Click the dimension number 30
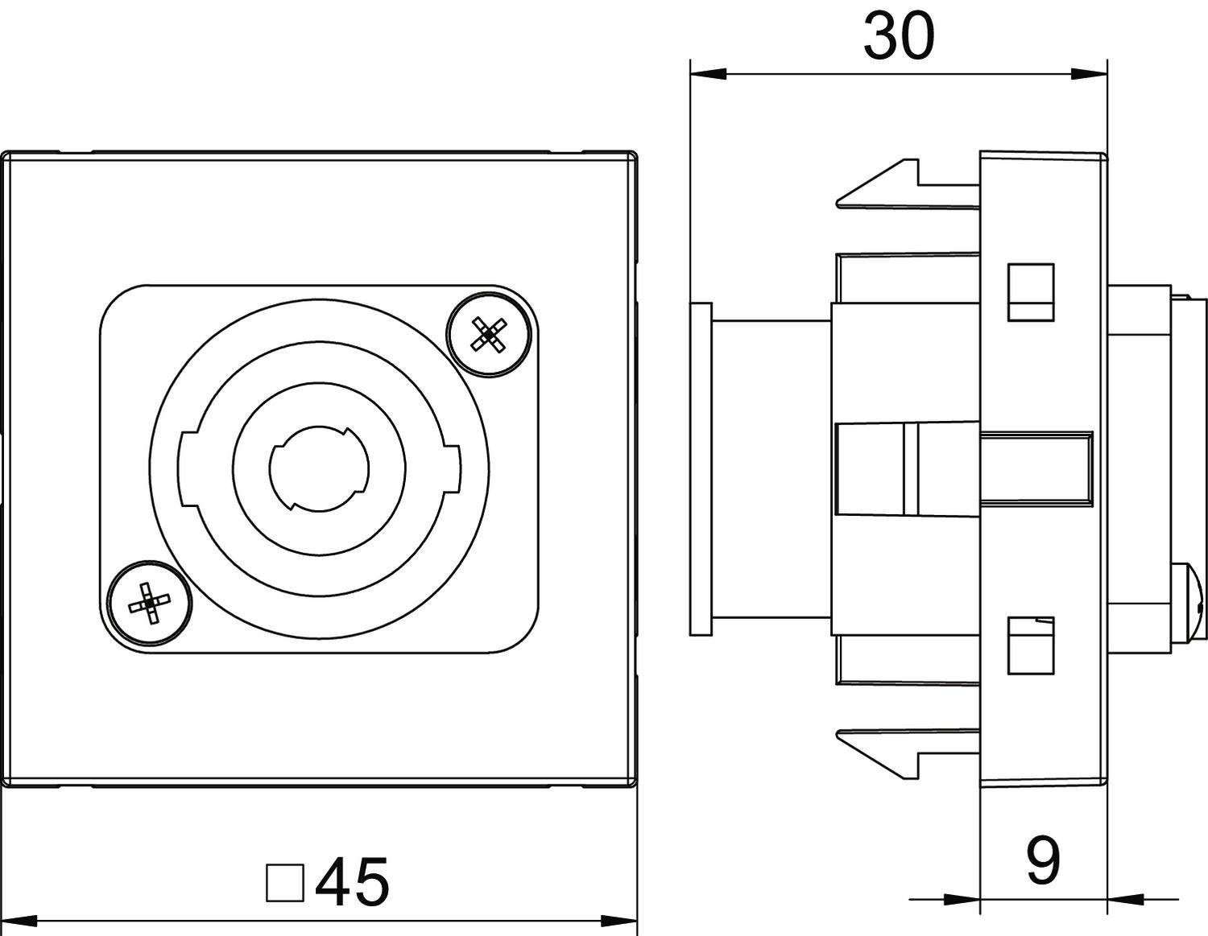(x=898, y=37)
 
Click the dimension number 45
(x=353, y=882)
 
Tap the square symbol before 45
(x=284, y=883)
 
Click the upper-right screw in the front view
(x=490, y=334)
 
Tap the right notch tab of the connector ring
(x=451, y=470)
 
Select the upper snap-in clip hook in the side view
(x=878, y=185)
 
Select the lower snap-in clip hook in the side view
(x=878, y=754)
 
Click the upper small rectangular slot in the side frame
(x=1031, y=292)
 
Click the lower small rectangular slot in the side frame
(x=1031, y=645)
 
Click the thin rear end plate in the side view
(x=701, y=468)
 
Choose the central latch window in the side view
(x=870, y=469)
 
